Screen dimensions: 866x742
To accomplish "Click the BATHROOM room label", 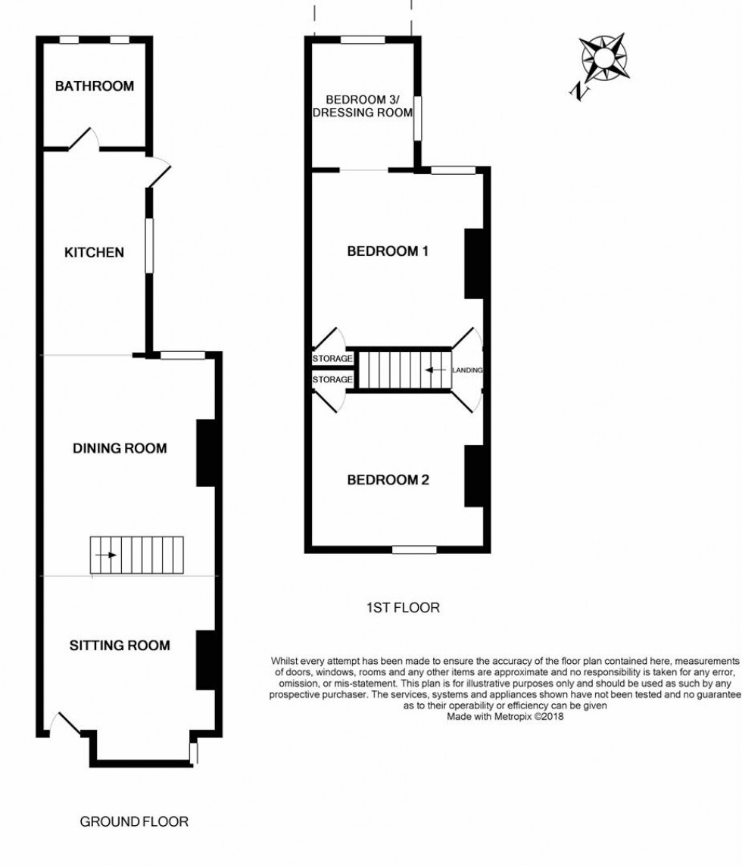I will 94,86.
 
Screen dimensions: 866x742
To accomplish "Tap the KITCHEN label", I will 93,252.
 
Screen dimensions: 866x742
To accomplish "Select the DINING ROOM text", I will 120,449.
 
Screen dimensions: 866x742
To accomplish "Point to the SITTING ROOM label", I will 120,646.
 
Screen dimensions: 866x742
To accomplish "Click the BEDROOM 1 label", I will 388,251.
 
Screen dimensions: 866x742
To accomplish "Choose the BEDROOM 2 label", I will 388,480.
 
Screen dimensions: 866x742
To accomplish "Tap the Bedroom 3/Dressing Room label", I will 368,107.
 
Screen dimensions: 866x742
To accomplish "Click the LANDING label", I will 467,370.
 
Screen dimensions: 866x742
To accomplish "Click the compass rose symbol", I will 602,58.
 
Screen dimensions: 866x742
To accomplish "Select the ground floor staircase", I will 137,555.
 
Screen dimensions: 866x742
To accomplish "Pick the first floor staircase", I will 404,370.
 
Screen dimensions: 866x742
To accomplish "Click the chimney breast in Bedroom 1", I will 475,263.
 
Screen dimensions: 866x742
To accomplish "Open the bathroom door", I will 84,139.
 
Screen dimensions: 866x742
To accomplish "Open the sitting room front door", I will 64,724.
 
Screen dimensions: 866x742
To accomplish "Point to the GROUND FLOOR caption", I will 134,821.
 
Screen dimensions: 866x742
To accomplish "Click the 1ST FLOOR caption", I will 403,607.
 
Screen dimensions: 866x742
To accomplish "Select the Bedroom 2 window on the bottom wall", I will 414,550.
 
